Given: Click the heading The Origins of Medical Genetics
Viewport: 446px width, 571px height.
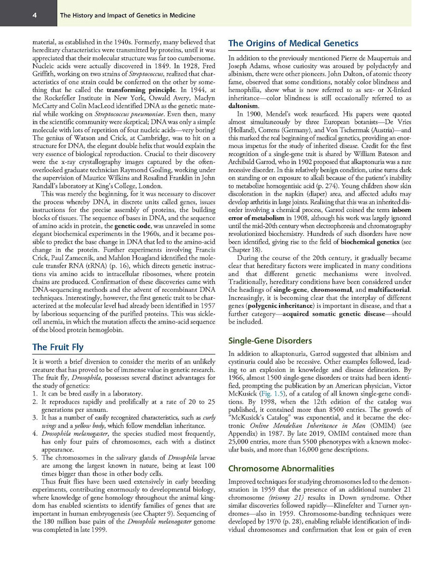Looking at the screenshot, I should pos(293,43).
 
